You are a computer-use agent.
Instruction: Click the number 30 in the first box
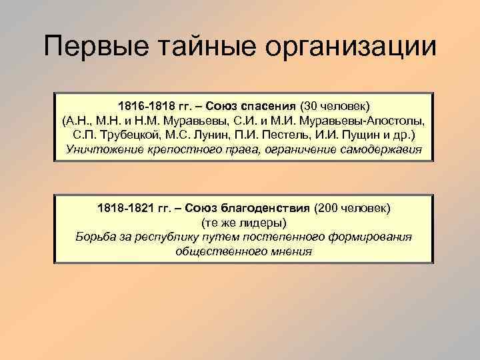309,107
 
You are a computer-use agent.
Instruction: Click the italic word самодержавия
379,149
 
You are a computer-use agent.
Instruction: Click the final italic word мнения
291,251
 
